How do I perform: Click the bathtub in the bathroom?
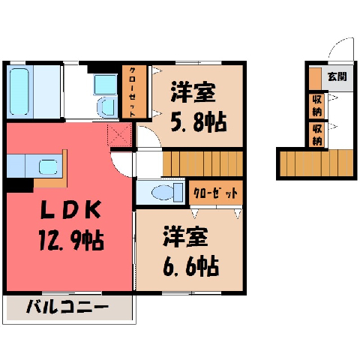click(19, 91)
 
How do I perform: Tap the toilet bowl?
click(163, 193)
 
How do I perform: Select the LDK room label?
click(71, 210)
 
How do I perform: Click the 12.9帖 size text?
click(71, 240)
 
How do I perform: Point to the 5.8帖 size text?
click(199, 122)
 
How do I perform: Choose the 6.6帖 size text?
click(191, 266)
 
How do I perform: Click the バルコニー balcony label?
click(67, 307)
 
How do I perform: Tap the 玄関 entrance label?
click(337, 76)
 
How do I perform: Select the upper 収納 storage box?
click(316, 106)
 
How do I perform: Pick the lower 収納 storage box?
click(316, 135)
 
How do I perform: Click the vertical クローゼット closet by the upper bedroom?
click(134, 91)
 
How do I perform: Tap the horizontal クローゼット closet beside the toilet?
click(216, 193)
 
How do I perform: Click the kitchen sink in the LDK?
click(48, 166)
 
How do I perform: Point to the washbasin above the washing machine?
click(105, 84)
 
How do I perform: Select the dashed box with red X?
click(119, 135)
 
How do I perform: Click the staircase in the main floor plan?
click(202, 163)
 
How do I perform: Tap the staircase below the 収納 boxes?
click(316, 163)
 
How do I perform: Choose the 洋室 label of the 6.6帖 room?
click(185, 237)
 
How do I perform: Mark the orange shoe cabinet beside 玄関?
click(315, 79)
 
